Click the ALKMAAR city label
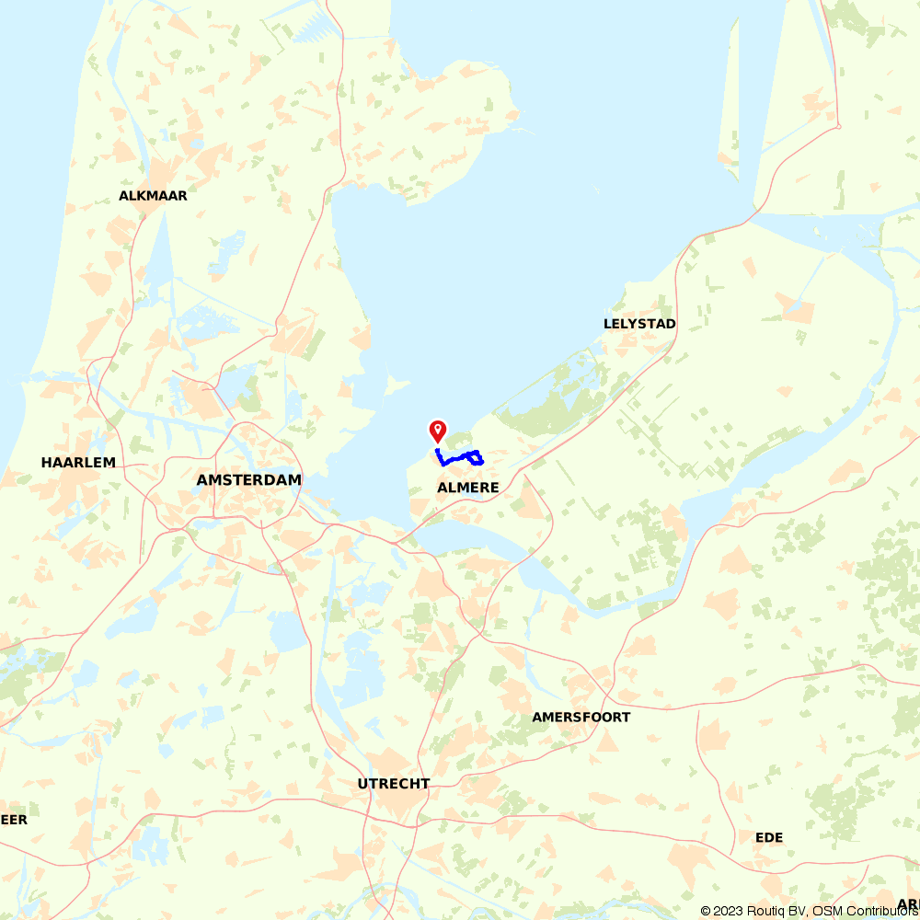[153, 196]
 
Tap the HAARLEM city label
[78, 462]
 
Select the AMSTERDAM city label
[248, 480]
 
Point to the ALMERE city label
[468, 488]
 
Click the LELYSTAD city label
[639, 324]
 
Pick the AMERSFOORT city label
[581, 717]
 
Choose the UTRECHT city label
[394, 784]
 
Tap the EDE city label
[768, 837]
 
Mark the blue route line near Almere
[460, 456]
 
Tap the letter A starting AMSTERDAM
[201, 480]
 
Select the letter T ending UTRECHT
[425, 784]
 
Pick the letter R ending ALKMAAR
[182, 196]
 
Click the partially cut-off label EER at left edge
[14, 819]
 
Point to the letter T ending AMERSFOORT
[626, 717]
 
